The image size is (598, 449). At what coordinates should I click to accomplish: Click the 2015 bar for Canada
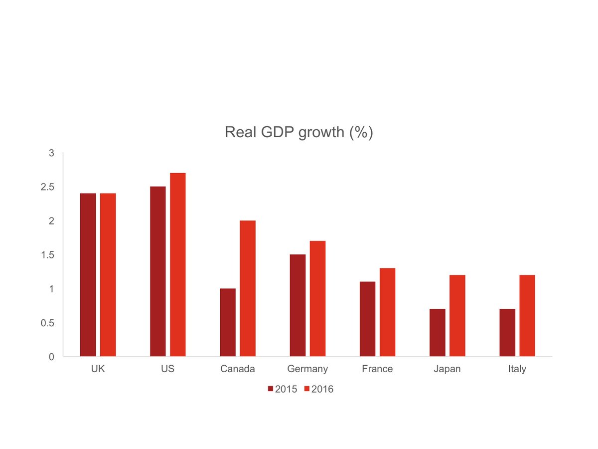227,322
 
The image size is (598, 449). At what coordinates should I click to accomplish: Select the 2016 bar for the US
177,264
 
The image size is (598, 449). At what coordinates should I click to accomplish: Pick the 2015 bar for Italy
507,333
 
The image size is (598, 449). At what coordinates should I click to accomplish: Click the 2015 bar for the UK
88,274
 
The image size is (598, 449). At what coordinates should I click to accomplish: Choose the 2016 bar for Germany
317,298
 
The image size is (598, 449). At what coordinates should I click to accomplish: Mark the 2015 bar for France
367,319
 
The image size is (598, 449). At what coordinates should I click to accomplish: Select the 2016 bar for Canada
247,288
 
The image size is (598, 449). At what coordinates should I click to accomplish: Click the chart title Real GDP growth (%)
299,132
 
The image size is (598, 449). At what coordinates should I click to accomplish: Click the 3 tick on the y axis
51,153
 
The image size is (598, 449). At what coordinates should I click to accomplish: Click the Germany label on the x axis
307,369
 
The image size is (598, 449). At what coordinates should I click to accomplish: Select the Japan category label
447,369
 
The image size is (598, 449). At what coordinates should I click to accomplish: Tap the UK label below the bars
98,369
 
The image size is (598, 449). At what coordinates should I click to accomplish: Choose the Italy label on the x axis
517,369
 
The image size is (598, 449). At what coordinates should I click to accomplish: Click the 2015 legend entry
283,389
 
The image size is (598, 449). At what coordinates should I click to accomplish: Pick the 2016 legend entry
318,389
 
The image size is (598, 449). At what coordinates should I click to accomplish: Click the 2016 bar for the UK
108,274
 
